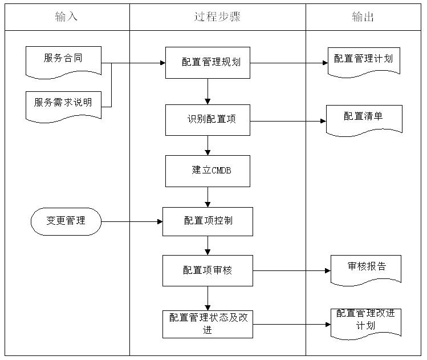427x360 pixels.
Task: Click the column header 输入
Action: [x=66, y=17]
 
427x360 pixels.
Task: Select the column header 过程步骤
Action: [x=217, y=17]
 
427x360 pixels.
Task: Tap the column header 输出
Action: [x=363, y=17]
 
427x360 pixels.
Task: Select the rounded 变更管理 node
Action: [x=66, y=221]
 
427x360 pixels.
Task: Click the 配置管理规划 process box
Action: [x=208, y=62]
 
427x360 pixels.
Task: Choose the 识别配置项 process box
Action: [x=208, y=120]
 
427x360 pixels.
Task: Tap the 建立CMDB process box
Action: [x=208, y=171]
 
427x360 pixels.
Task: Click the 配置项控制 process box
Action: [x=208, y=221]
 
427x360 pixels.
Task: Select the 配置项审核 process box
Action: [x=208, y=270]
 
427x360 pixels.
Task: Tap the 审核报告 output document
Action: [x=366, y=269]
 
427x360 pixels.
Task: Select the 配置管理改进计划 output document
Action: [x=365, y=322]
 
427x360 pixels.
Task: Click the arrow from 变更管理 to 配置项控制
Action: [x=132, y=221]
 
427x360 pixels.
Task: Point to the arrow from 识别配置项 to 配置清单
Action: [x=288, y=120]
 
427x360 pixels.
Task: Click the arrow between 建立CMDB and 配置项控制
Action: [x=208, y=197]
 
